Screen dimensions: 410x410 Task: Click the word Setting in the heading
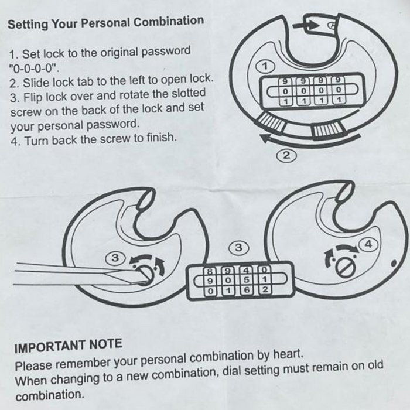[28, 25]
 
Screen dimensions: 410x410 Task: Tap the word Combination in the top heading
[169, 21]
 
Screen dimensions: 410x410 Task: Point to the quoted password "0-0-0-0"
[34, 69]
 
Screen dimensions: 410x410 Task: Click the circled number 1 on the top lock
[265, 66]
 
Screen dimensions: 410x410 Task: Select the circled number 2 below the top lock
[286, 155]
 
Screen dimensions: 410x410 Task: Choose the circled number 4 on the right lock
[368, 244]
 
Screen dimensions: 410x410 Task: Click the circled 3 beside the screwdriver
[115, 258]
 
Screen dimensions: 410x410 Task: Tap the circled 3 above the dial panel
[239, 247]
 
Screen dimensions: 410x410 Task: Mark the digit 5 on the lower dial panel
[246, 280]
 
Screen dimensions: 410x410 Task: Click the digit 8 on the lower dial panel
[210, 271]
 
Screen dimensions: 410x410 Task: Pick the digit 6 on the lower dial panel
[246, 290]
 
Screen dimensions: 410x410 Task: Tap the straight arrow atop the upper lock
[306, 26]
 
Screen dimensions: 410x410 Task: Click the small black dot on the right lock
[394, 264]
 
